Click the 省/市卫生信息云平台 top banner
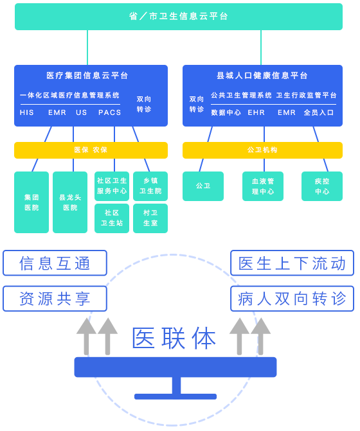tap(179, 17)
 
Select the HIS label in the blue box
tap(26, 112)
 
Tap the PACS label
tap(109, 112)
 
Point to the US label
tap(82, 112)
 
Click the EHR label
tap(256, 112)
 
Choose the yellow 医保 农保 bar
tap(91, 150)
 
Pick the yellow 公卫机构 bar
tap(262, 150)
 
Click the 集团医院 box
tap(32, 202)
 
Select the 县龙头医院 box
tap(70, 202)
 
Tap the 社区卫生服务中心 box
tap(112, 186)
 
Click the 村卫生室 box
tap(150, 218)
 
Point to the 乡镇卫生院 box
tap(150, 186)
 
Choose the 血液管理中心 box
tap(263, 186)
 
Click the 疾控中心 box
tap(322, 186)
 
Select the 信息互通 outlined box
tap(55, 263)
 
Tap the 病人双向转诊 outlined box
tap(292, 299)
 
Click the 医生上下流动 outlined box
tap(292, 263)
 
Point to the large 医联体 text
tap(174, 339)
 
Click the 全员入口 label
tap(319, 112)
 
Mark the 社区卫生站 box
tap(112, 218)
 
